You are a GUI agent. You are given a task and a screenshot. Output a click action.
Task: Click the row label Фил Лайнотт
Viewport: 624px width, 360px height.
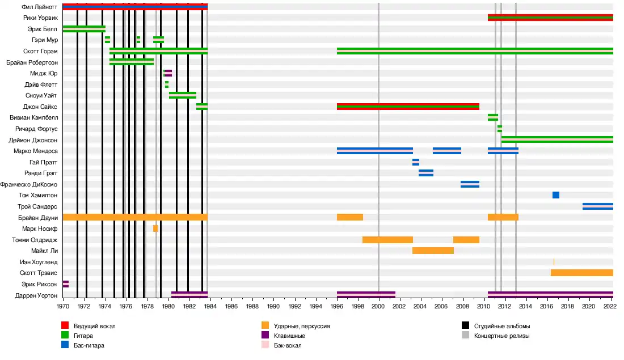[40, 7]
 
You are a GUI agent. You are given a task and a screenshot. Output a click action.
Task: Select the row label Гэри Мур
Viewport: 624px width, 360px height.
[45, 40]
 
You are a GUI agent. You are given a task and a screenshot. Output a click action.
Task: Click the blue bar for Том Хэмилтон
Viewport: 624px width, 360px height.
[556, 195]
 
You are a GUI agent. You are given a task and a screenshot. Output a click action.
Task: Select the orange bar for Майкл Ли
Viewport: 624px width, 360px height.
[433, 251]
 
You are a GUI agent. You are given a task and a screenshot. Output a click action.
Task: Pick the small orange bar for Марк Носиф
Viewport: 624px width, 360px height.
[155, 228]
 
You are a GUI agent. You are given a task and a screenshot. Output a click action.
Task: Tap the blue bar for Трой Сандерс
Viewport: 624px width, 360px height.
[597, 206]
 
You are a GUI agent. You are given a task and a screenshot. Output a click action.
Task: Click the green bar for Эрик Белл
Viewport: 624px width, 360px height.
[84, 29]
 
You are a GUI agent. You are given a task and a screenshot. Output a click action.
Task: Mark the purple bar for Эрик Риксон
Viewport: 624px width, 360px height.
[66, 283]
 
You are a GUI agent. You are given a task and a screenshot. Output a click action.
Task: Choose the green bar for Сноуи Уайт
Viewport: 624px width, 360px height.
[183, 95]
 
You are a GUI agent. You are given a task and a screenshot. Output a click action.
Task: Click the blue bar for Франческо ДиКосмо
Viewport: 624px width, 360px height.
[470, 184]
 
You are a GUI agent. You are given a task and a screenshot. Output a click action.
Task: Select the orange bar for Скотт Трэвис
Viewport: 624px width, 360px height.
[581, 273]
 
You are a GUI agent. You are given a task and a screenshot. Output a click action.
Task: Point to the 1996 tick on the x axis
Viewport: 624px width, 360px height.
[337, 306]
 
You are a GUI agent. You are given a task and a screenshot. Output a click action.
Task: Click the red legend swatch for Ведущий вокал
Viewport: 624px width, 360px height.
[65, 326]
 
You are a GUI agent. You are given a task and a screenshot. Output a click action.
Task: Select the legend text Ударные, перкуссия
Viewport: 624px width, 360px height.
[302, 326]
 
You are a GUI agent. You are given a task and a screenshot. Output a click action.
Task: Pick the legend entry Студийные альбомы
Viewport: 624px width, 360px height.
[502, 326]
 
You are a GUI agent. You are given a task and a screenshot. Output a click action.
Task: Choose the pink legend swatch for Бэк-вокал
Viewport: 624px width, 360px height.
[265, 345]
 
